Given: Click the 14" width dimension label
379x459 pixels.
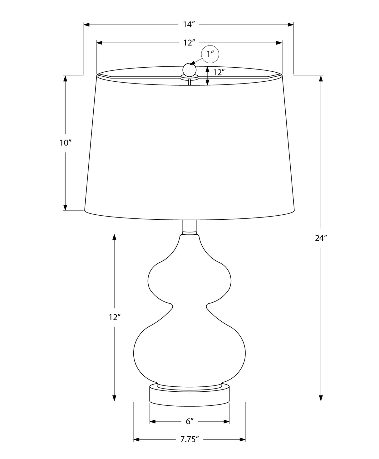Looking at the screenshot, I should point(189,25).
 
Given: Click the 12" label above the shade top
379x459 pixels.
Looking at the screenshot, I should point(189,43).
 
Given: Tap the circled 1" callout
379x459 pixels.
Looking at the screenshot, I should point(210,54).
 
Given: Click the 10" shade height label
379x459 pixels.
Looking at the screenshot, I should point(66,143).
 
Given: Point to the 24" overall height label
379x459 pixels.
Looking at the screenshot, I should point(321,238).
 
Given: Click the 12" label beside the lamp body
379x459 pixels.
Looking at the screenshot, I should point(115,317).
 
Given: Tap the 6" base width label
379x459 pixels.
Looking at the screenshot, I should point(189,422).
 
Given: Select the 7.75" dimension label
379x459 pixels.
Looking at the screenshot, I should point(189,440).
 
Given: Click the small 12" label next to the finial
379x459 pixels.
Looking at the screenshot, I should point(219,72).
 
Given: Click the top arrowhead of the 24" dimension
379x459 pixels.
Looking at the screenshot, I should point(321,78).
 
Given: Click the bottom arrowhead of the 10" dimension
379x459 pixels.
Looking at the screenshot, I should point(65,207).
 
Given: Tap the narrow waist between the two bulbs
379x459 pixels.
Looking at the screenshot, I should point(189,307).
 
